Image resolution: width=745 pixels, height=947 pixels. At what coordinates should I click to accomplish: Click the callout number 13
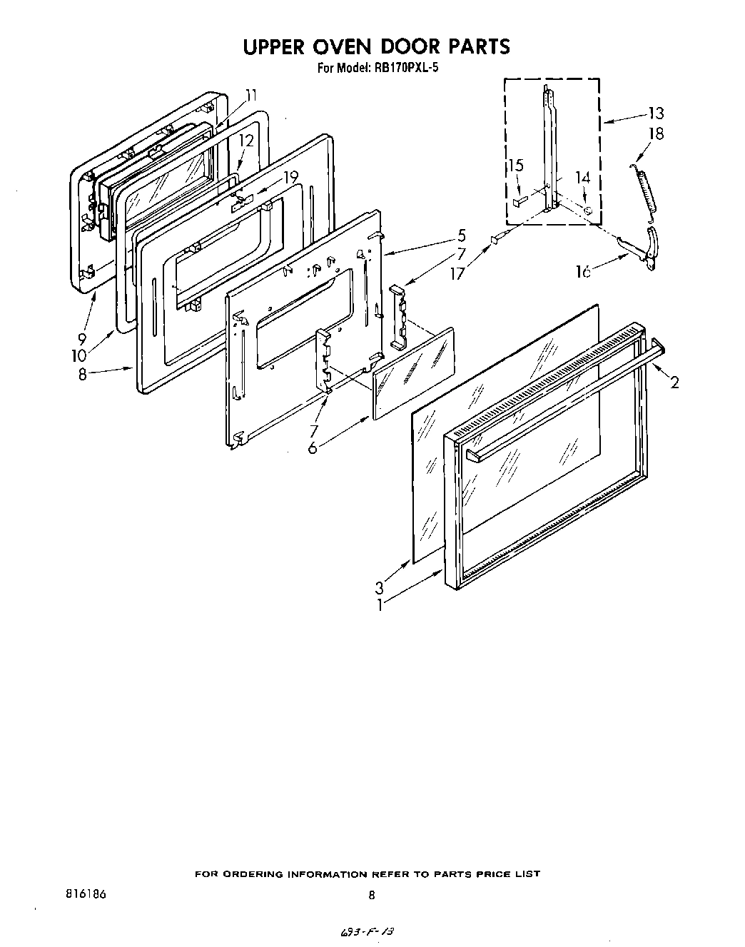656,113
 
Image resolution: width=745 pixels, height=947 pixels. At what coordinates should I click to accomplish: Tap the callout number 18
656,133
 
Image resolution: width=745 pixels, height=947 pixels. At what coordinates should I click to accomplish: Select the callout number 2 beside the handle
674,383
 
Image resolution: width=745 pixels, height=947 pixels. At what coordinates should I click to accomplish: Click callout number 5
462,236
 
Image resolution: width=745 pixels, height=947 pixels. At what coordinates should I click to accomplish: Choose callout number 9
83,340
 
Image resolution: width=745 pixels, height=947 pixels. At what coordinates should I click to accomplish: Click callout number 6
313,449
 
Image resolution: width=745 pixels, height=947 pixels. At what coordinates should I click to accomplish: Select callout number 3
380,588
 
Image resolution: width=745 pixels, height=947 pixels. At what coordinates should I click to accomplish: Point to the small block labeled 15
518,202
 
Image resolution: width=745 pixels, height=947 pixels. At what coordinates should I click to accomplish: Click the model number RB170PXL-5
405,69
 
